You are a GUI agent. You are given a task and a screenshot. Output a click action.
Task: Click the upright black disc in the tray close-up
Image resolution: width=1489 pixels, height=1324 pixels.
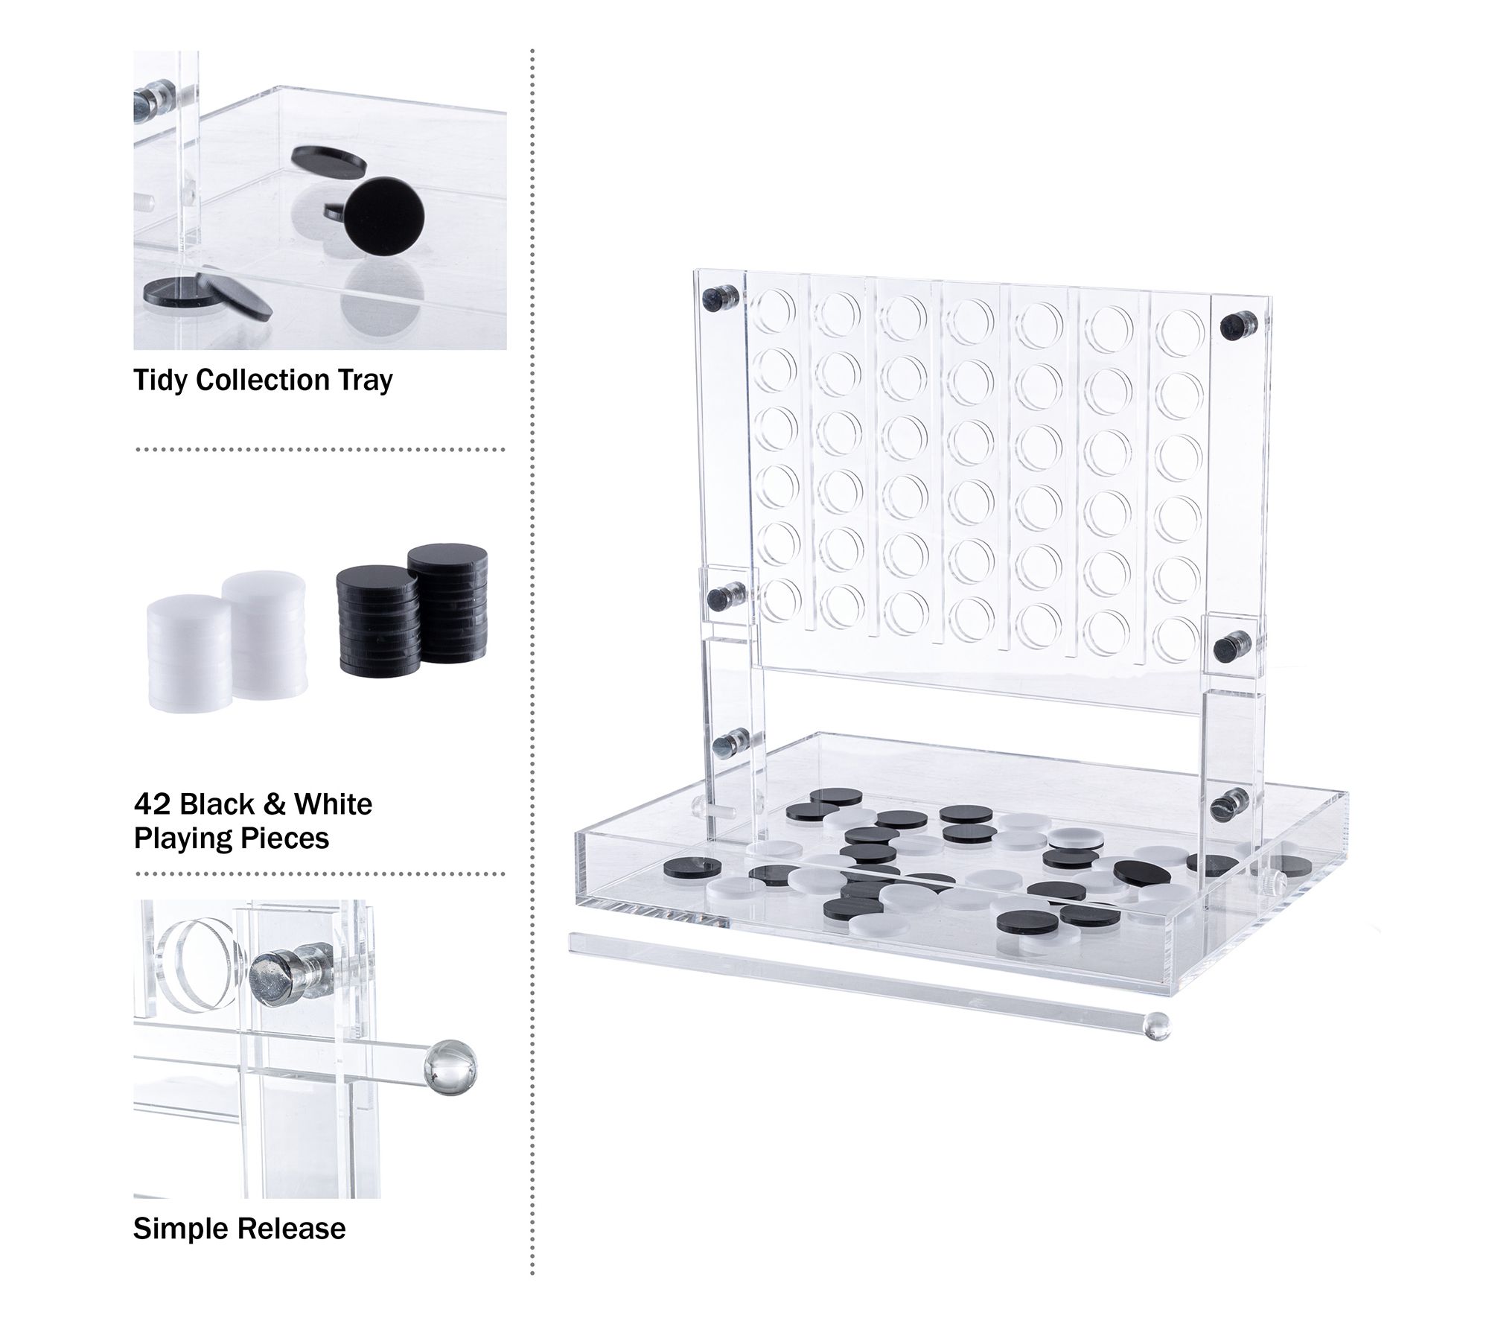tap(386, 217)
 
